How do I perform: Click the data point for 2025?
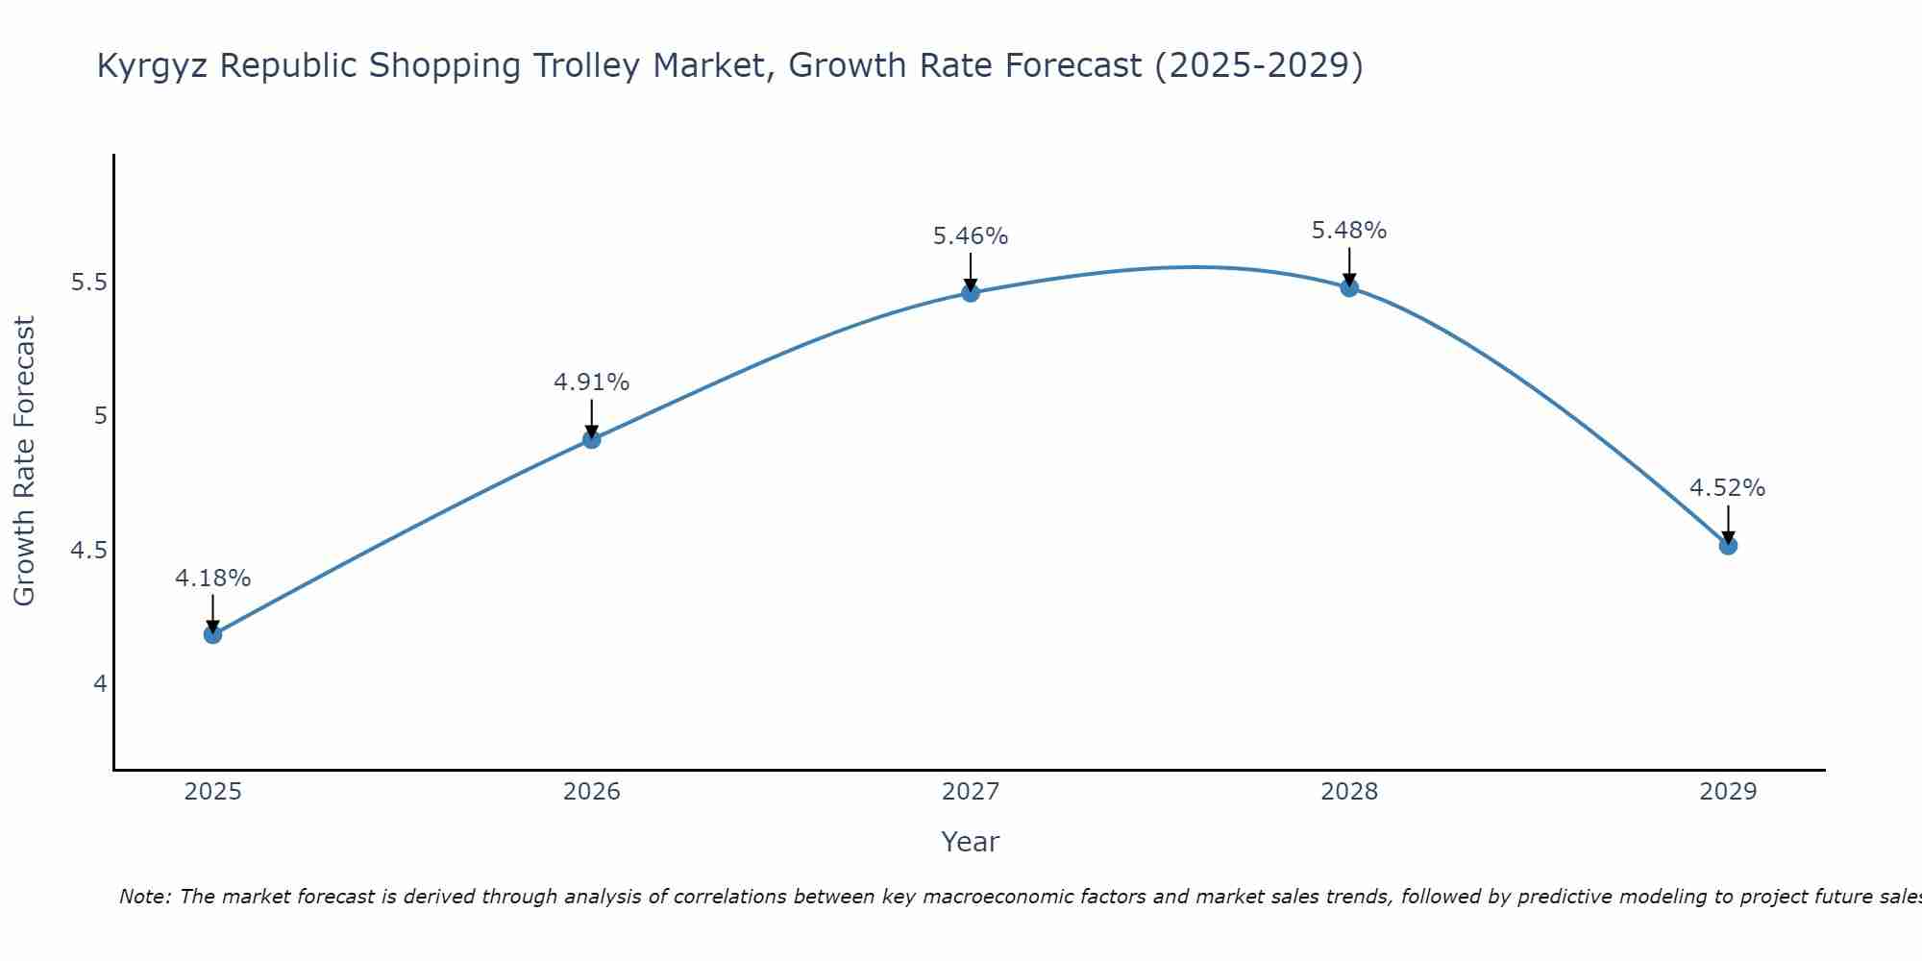pyautogui.click(x=213, y=634)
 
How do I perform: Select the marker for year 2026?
pyautogui.click(x=592, y=439)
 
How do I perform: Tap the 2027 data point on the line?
pyautogui.click(x=971, y=293)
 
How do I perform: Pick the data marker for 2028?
pyautogui.click(x=1349, y=287)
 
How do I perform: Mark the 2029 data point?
pyautogui.click(x=1728, y=546)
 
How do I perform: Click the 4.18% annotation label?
pyautogui.click(x=213, y=579)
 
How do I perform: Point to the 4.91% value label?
pyautogui.click(x=592, y=382)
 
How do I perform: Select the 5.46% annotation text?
pyautogui.click(x=971, y=236)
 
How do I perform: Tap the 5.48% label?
pyautogui.click(x=1349, y=231)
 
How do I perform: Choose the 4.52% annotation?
pyautogui.click(x=1728, y=488)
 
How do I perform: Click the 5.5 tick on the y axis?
pyautogui.click(x=89, y=283)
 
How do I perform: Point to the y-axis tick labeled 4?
pyautogui.click(x=100, y=684)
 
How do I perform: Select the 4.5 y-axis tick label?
pyautogui.click(x=89, y=551)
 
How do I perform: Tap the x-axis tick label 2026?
pyautogui.click(x=592, y=792)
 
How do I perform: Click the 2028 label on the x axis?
pyautogui.click(x=1349, y=792)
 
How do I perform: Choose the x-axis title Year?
pyautogui.click(x=971, y=842)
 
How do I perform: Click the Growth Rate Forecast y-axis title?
pyautogui.click(x=25, y=461)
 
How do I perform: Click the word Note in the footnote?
pyautogui.click(x=144, y=897)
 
